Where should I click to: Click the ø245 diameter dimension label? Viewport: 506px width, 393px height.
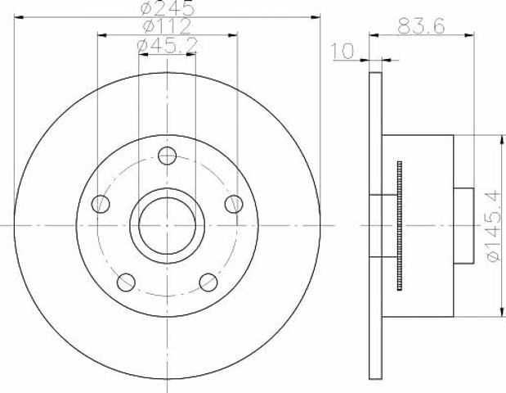(x=168, y=7)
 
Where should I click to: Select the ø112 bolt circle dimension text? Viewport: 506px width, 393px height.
(x=167, y=26)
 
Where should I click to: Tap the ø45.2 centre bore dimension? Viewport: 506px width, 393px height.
(x=167, y=46)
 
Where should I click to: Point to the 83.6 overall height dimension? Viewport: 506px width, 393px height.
(x=421, y=26)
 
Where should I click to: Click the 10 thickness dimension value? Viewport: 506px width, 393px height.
(x=343, y=51)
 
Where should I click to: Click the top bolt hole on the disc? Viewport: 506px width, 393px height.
(x=167, y=156)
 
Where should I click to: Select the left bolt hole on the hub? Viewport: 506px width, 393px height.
(x=101, y=204)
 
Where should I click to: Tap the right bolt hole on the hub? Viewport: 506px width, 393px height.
(x=234, y=204)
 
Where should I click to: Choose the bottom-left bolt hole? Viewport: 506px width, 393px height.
(x=126, y=282)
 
